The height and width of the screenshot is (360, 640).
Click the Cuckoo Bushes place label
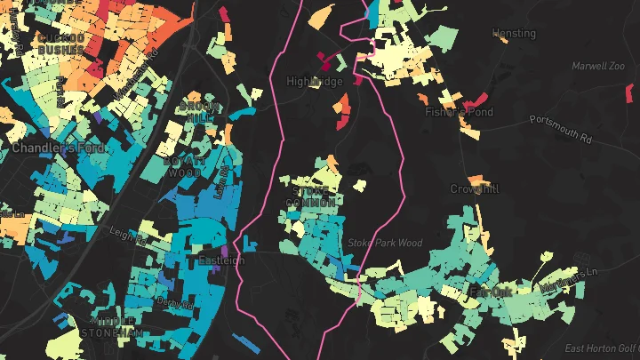61,44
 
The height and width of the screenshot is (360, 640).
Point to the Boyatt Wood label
183,167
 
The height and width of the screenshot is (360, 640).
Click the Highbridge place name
314,81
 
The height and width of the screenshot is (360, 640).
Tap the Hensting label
515,34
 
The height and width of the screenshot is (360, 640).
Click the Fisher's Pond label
458,112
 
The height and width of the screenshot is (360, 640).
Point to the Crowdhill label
475,189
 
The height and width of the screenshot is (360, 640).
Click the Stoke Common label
311,196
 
